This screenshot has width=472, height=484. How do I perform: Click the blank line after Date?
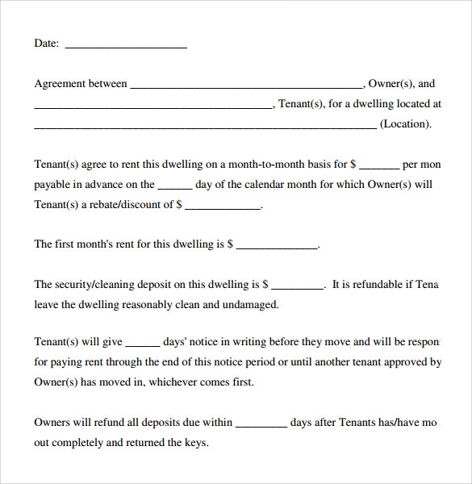(125, 45)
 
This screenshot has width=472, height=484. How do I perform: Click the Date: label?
(46, 44)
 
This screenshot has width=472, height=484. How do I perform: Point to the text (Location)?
(406, 124)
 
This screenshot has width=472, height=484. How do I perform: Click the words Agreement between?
(81, 83)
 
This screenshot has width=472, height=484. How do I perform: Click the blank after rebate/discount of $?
(223, 206)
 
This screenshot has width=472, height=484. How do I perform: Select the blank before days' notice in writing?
(144, 343)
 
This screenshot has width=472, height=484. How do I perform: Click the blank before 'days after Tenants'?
(261, 423)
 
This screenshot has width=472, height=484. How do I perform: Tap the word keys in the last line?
(194, 442)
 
